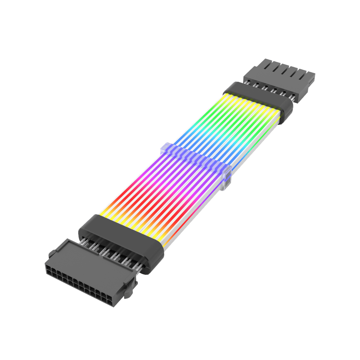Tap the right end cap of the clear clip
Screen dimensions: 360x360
[225, 180]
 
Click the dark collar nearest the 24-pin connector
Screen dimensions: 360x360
[119, 241]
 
